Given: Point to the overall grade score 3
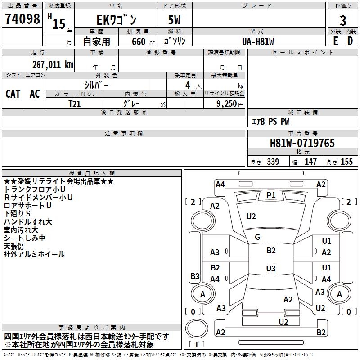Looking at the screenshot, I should point(343,20).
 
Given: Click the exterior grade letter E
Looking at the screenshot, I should point(335,41).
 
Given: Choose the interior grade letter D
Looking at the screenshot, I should point(350,41).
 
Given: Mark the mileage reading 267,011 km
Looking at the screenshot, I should point(53,64).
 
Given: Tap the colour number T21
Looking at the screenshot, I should point(75,103).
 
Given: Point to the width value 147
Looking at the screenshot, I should point(310,162).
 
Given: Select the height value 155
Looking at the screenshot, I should point(346,162).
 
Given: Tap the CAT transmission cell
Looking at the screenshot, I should point(13,94).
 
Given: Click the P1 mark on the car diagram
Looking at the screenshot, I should point(271,195).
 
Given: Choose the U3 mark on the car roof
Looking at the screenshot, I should point(270,269).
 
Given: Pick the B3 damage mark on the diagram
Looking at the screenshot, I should point(195,276).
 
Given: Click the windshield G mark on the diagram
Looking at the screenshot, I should point(257,237).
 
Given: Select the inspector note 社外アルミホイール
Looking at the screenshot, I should point(34,254).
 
